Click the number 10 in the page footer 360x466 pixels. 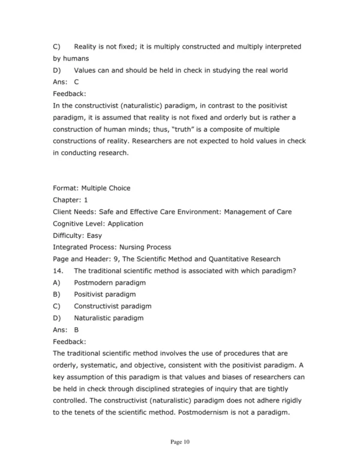(x=186, y=443)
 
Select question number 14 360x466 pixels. (x=58, y=271)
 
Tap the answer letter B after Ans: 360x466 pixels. (x=77, y=330)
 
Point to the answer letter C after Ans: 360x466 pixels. (x=77, y=82)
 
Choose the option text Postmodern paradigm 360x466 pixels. (x=110, y=282)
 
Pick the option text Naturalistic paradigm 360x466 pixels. (x=109, y=318)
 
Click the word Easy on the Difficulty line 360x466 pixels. (x=95, y=235)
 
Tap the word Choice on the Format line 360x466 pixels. (x=118, y=188)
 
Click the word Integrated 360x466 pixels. (x=70, y=247)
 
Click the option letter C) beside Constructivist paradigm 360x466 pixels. (x=57, y=306)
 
